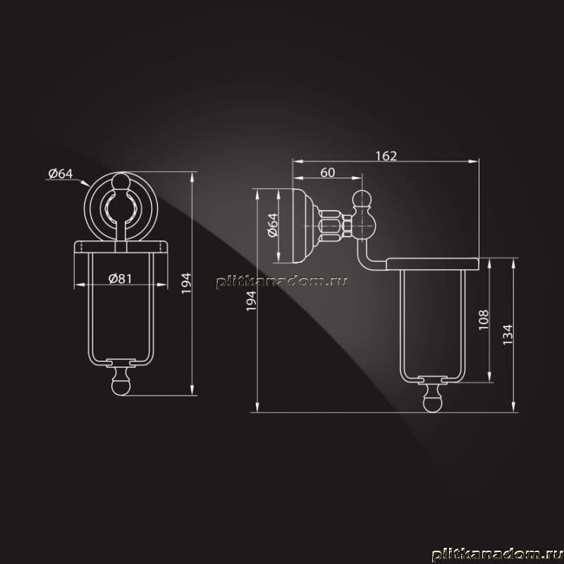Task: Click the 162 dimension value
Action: coord(386,156)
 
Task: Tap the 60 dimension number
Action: coord(328,173)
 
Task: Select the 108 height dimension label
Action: coord(484,320)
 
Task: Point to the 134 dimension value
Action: coord(508,334)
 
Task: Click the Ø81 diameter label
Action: coord(120,278)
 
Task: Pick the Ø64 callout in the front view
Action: coord(61,173)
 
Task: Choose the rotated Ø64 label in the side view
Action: coord(274,225)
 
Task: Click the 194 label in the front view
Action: coord(186,283)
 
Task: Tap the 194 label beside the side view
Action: coord(251,301)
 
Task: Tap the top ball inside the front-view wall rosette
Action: coord(121,181)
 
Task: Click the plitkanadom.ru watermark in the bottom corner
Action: coord(498,554)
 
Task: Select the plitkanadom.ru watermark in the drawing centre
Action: coord(282,282)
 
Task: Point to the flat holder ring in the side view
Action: coord(433,264)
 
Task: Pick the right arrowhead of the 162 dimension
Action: coord(474,161)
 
